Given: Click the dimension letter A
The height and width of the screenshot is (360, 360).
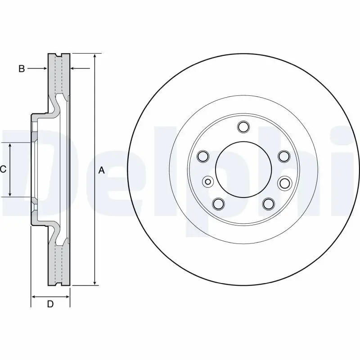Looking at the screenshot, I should pos(101,170).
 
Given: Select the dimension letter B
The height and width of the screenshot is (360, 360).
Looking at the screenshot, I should pos(21,69).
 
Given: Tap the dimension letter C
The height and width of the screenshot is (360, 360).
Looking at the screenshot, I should pos(3,169).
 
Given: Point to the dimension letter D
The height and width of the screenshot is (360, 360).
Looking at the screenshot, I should pos(50,304).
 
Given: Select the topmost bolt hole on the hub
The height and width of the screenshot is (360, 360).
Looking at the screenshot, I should pos(243,127).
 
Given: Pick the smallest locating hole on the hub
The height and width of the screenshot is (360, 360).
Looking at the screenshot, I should pos(208,182).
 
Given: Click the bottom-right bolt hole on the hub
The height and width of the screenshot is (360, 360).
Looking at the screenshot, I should pos(269,204).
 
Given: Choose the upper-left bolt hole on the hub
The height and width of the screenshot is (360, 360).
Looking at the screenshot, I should pos(203,157).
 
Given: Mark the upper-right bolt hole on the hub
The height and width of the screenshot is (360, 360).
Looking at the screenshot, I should pos(283,157).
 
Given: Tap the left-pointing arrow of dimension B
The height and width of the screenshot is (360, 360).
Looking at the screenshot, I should pos(73,69).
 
